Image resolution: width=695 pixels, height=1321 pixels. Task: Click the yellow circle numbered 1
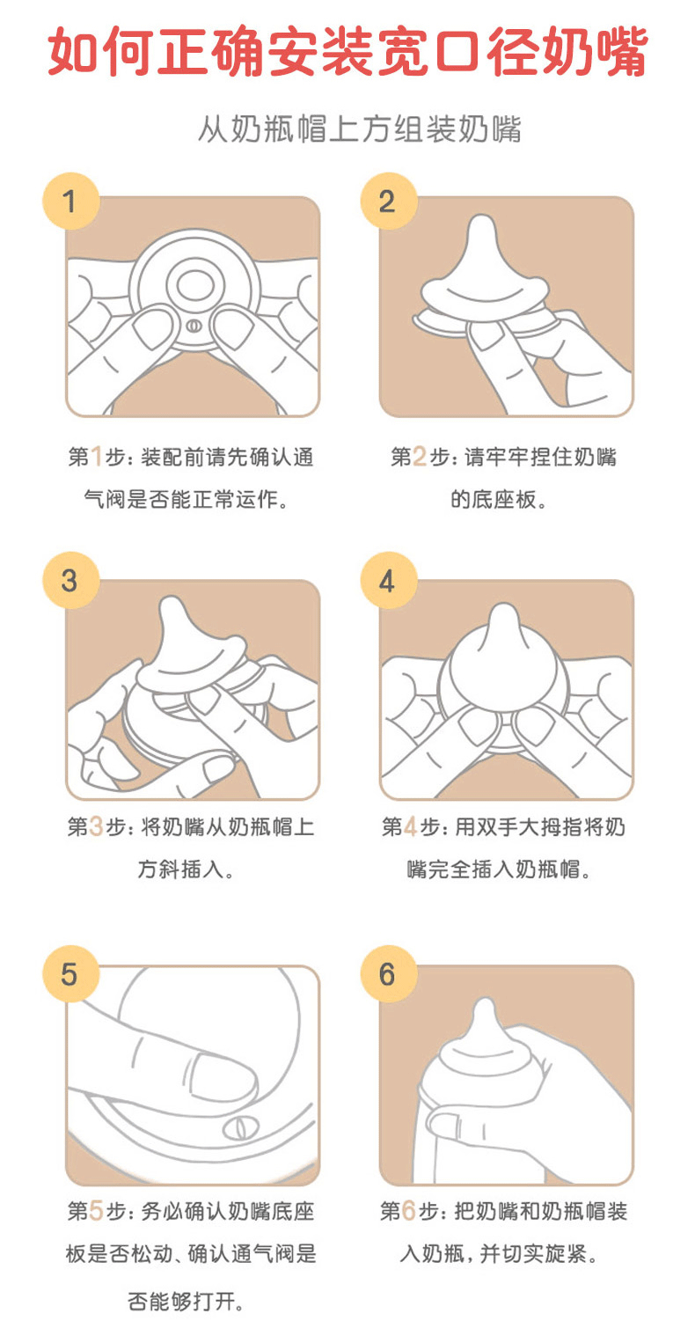tap(70, 202)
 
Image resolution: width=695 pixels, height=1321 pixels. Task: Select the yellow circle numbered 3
tap(70, 580)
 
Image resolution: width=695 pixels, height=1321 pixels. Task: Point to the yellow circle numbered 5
tap(70, 973)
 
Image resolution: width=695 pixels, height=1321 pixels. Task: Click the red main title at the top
tap(347, 51)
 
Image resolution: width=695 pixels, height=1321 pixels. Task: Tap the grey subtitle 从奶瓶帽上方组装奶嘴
tap(360, 129)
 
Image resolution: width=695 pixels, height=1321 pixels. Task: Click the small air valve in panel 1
tap(194, 326)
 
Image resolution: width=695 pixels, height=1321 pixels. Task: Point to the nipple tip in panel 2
tap(482, 225)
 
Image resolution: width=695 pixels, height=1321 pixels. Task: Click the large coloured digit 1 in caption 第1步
tap(97, 457)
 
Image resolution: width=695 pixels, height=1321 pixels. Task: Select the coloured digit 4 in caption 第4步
tap(410, 826)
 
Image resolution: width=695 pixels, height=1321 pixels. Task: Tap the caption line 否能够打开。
tap(186, 1301)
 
